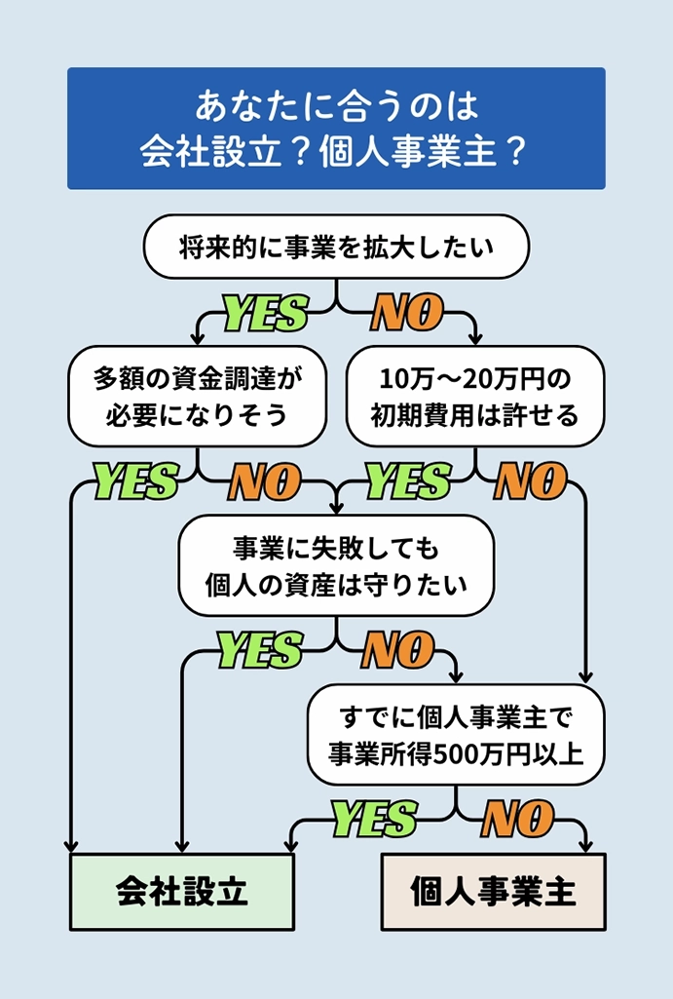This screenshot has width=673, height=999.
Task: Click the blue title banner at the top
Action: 336,128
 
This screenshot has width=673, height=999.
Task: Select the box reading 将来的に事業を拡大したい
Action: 336,248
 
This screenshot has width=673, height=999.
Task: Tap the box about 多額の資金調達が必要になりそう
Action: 196,396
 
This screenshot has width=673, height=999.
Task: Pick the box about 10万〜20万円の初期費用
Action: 475,396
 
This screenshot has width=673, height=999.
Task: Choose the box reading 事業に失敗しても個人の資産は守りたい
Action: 336,565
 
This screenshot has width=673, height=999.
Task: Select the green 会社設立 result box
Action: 182,892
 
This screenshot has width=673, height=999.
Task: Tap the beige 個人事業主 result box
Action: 493,892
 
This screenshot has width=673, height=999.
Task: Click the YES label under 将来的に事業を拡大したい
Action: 266,314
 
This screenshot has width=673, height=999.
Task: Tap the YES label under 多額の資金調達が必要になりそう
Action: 135,481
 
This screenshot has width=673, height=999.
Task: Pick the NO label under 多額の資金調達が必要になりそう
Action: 264,481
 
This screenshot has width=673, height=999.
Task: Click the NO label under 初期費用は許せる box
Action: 531,481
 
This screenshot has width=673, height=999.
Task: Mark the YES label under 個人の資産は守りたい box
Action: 259,650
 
